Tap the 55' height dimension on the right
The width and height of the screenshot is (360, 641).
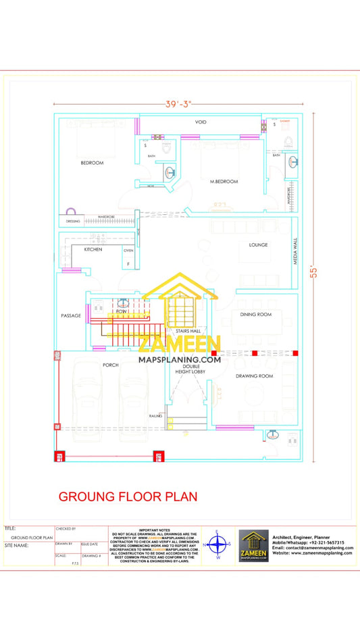coord(313,272)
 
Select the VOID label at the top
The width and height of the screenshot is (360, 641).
coord(201,122)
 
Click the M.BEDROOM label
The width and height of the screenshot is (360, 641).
coord(224,182)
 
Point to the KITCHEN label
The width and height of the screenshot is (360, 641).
coord(93,249)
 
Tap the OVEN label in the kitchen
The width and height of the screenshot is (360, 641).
coord(128,250)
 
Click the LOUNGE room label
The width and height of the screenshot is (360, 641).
coord(258,245)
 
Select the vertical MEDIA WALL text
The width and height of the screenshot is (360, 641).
coord(295,250)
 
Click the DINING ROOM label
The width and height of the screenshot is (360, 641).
coord(255,314)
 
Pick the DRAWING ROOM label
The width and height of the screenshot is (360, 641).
coord(255,376)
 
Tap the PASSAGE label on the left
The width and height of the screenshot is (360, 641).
coord(71,315)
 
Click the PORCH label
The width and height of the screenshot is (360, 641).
coord(111,365)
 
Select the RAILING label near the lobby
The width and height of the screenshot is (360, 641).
coord(155,416)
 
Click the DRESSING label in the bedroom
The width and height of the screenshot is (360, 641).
coord(72,221)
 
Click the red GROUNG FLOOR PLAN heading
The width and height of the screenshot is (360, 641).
coord(128,496)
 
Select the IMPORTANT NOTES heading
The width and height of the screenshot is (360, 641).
coord(156,530)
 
